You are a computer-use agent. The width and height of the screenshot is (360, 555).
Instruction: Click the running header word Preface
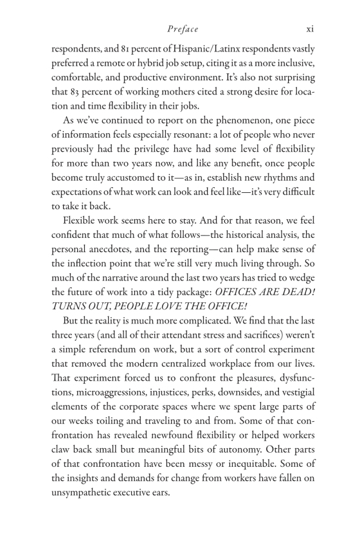click(183, 29)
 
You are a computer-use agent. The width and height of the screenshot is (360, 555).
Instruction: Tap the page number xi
click(309, 29)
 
